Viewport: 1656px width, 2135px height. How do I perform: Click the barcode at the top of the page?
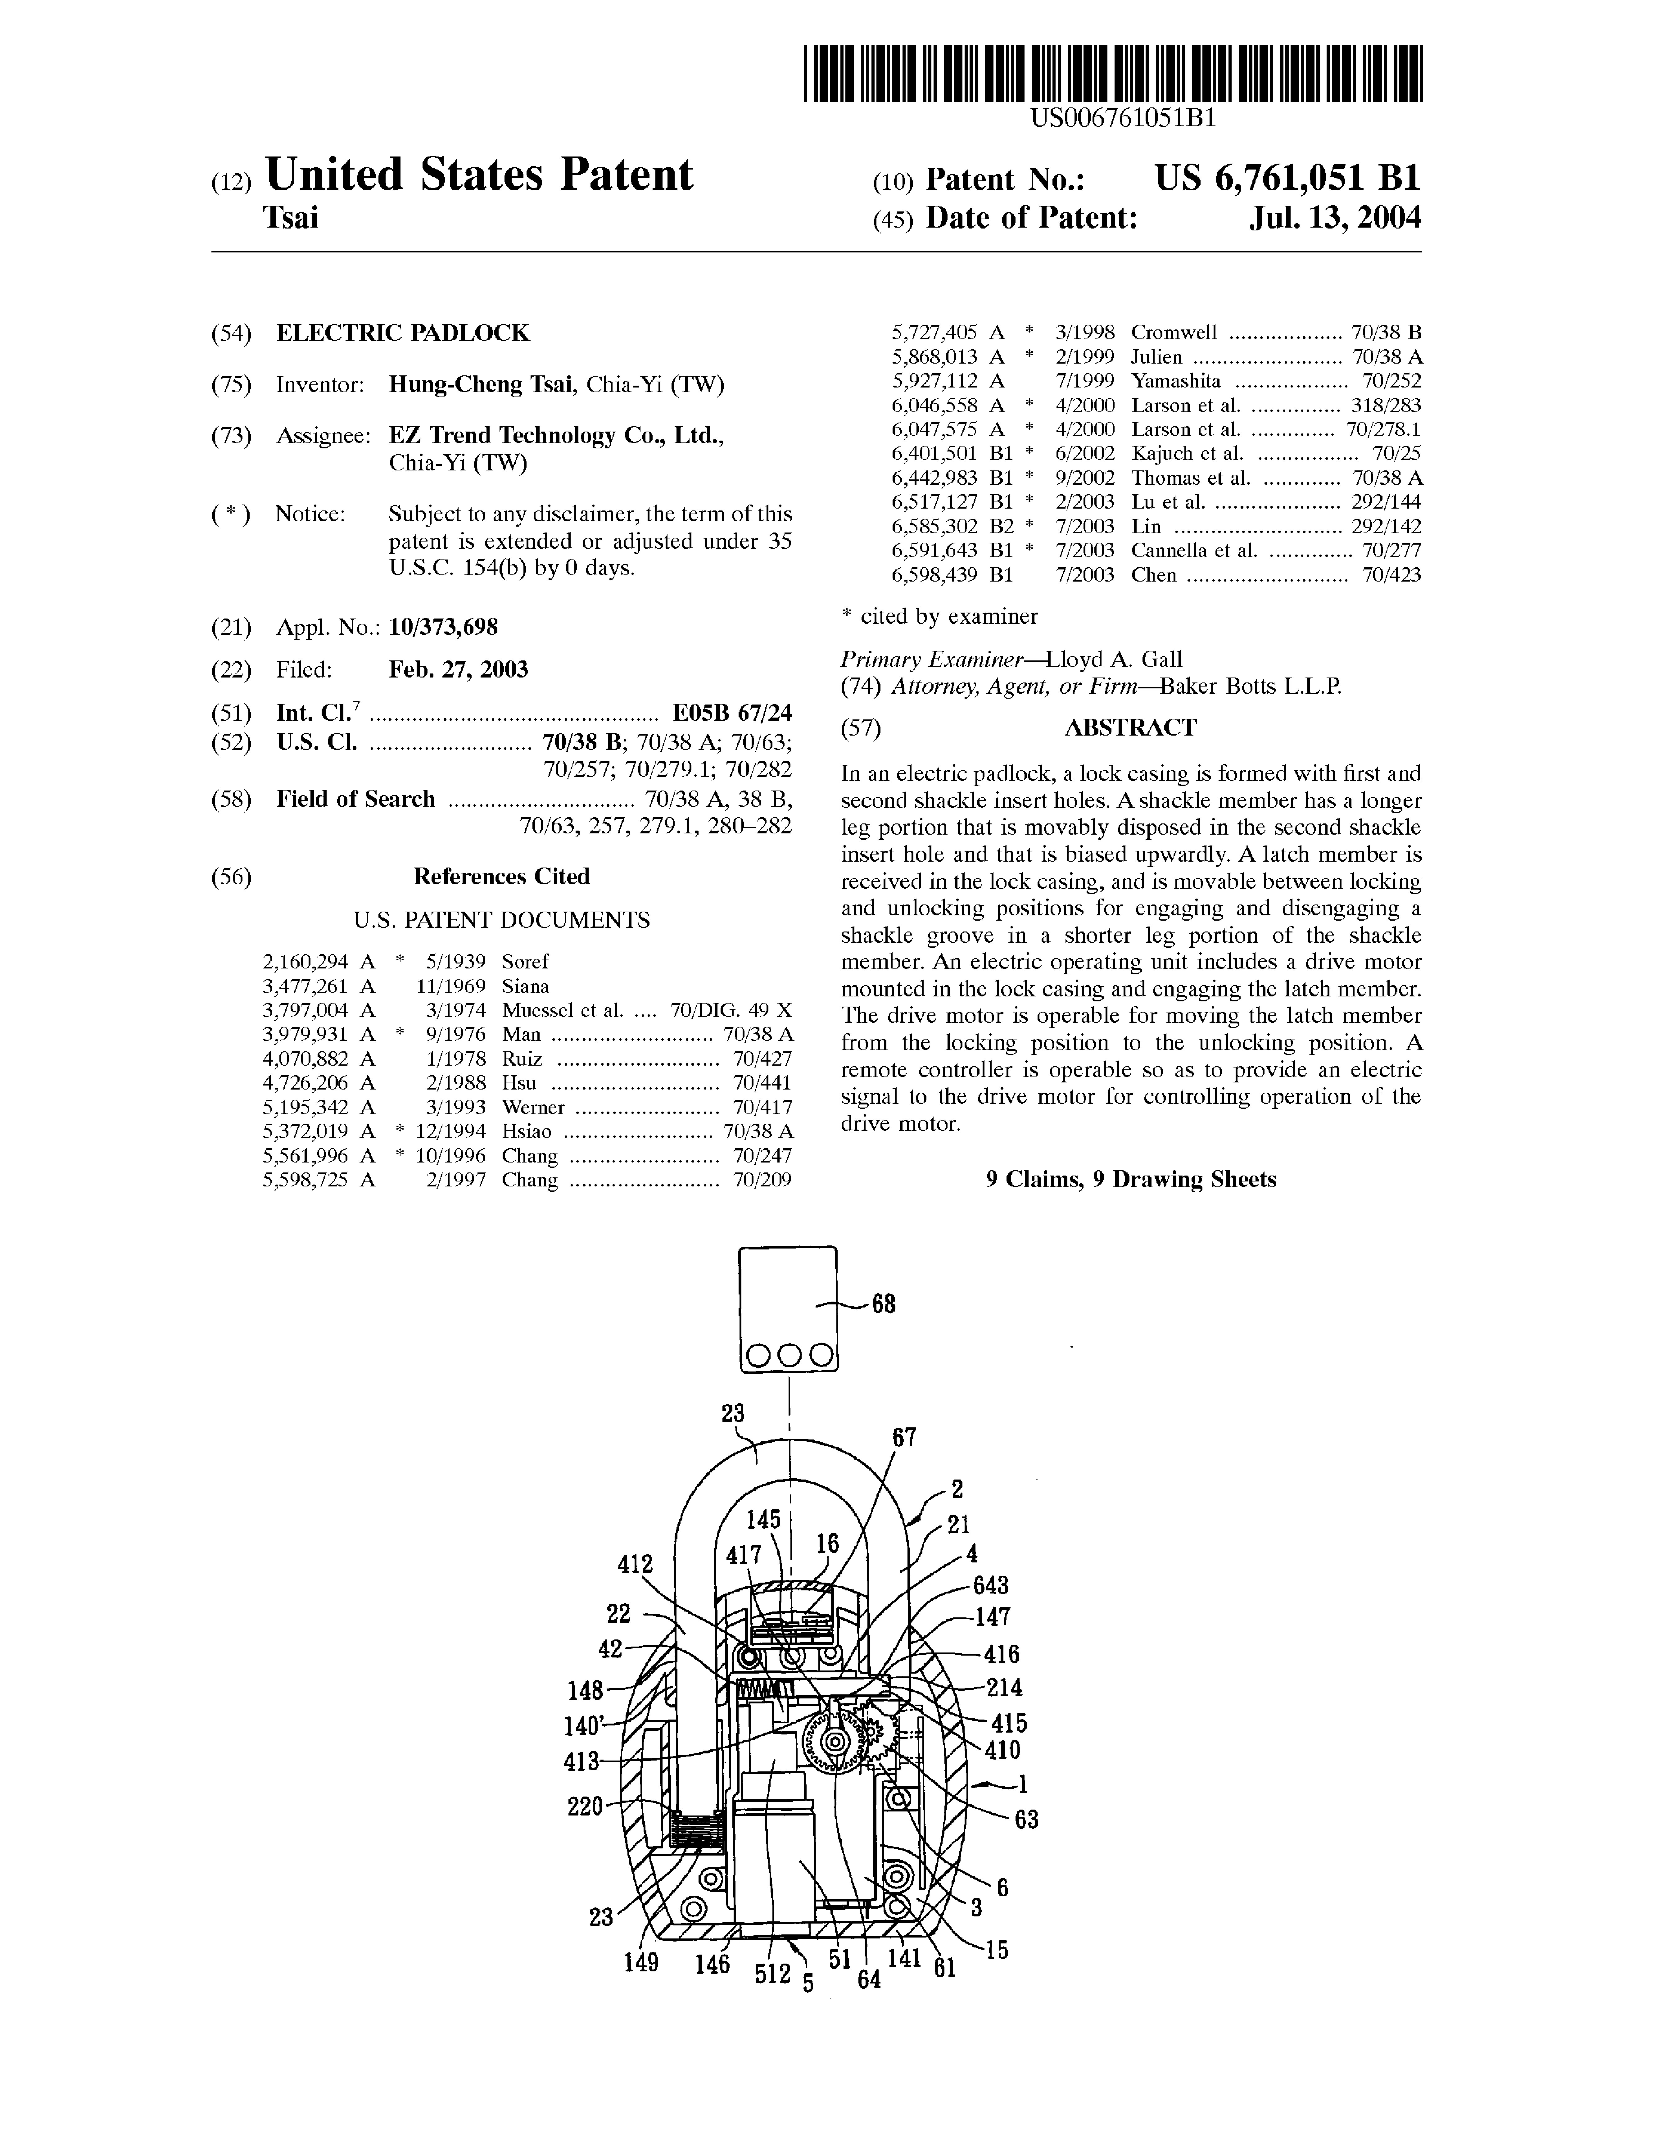pos(1113,75)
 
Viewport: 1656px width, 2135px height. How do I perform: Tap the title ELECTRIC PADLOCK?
pos(403,333)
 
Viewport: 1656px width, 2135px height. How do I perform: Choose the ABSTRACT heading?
pos(1130,727)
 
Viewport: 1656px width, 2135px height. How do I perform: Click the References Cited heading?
pos(501,876)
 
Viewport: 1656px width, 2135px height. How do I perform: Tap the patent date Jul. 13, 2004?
pos(1335,217)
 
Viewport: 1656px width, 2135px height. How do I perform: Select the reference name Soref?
pos(526,962)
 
